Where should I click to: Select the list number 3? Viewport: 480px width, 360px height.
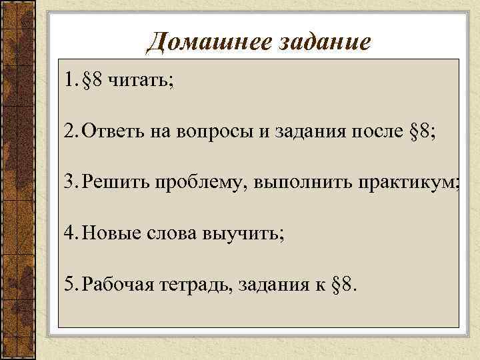click(69, 183)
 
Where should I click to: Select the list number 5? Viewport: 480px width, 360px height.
click(69, 285)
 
